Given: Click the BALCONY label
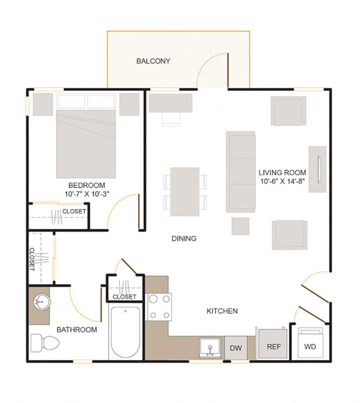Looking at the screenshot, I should click(153, 61).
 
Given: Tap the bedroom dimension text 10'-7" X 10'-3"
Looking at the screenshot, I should click(87, 194).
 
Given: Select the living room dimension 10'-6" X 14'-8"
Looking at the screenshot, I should click(282, 181).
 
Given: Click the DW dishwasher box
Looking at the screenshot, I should click(236, 348).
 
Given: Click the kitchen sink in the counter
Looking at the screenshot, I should click(210, 347).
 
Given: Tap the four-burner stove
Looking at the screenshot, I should click(159, 307).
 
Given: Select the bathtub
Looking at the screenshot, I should click(125, 332).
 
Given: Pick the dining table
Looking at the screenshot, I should click(185, 191).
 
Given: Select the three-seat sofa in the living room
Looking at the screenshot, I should click(241, 172).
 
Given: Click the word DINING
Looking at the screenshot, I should click(184, 239).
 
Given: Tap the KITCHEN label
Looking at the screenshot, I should click(222, 311).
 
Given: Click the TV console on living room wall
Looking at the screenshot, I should click(317, 169).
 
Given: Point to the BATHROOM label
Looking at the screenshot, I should click(77, 330).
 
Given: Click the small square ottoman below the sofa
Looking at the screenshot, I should click(240, 226).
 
